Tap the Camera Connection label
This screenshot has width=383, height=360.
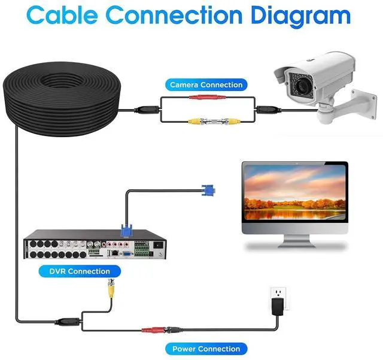206,85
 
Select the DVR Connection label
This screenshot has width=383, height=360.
80,271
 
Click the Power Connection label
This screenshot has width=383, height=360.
206,349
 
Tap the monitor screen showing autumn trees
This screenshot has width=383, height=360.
294,192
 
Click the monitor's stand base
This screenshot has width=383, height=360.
294,244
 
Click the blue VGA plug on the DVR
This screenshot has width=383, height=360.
126,230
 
